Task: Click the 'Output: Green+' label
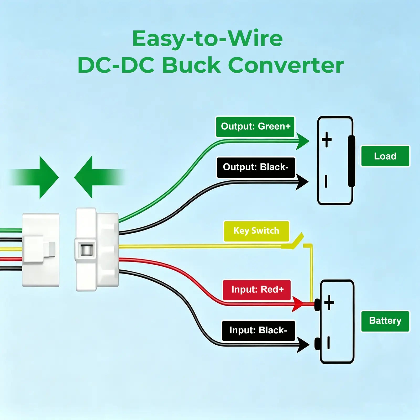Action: click(x=255, y=127)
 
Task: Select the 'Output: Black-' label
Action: click(x=256, y=167)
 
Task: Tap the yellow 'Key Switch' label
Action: click(x=256, y=231)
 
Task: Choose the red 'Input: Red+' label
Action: click(x=257, y=290)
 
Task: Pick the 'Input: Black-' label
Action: click(x=259, y=331)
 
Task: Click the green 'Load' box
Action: click(x=385, y=156)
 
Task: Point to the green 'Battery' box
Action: click(x=385, y=321)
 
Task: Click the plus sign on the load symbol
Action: click(x=327, y=139)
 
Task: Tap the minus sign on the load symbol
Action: click(x=326, y=181)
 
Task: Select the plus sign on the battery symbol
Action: click(x=329, y=302)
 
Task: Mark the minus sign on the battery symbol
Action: click(x=328, y=343)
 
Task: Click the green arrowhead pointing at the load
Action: click(x=303, y=141)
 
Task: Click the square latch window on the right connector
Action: click(x=86, y=250)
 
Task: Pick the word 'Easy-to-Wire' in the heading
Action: click(x=208, y=39)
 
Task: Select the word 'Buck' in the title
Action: click(x=192, y=65)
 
